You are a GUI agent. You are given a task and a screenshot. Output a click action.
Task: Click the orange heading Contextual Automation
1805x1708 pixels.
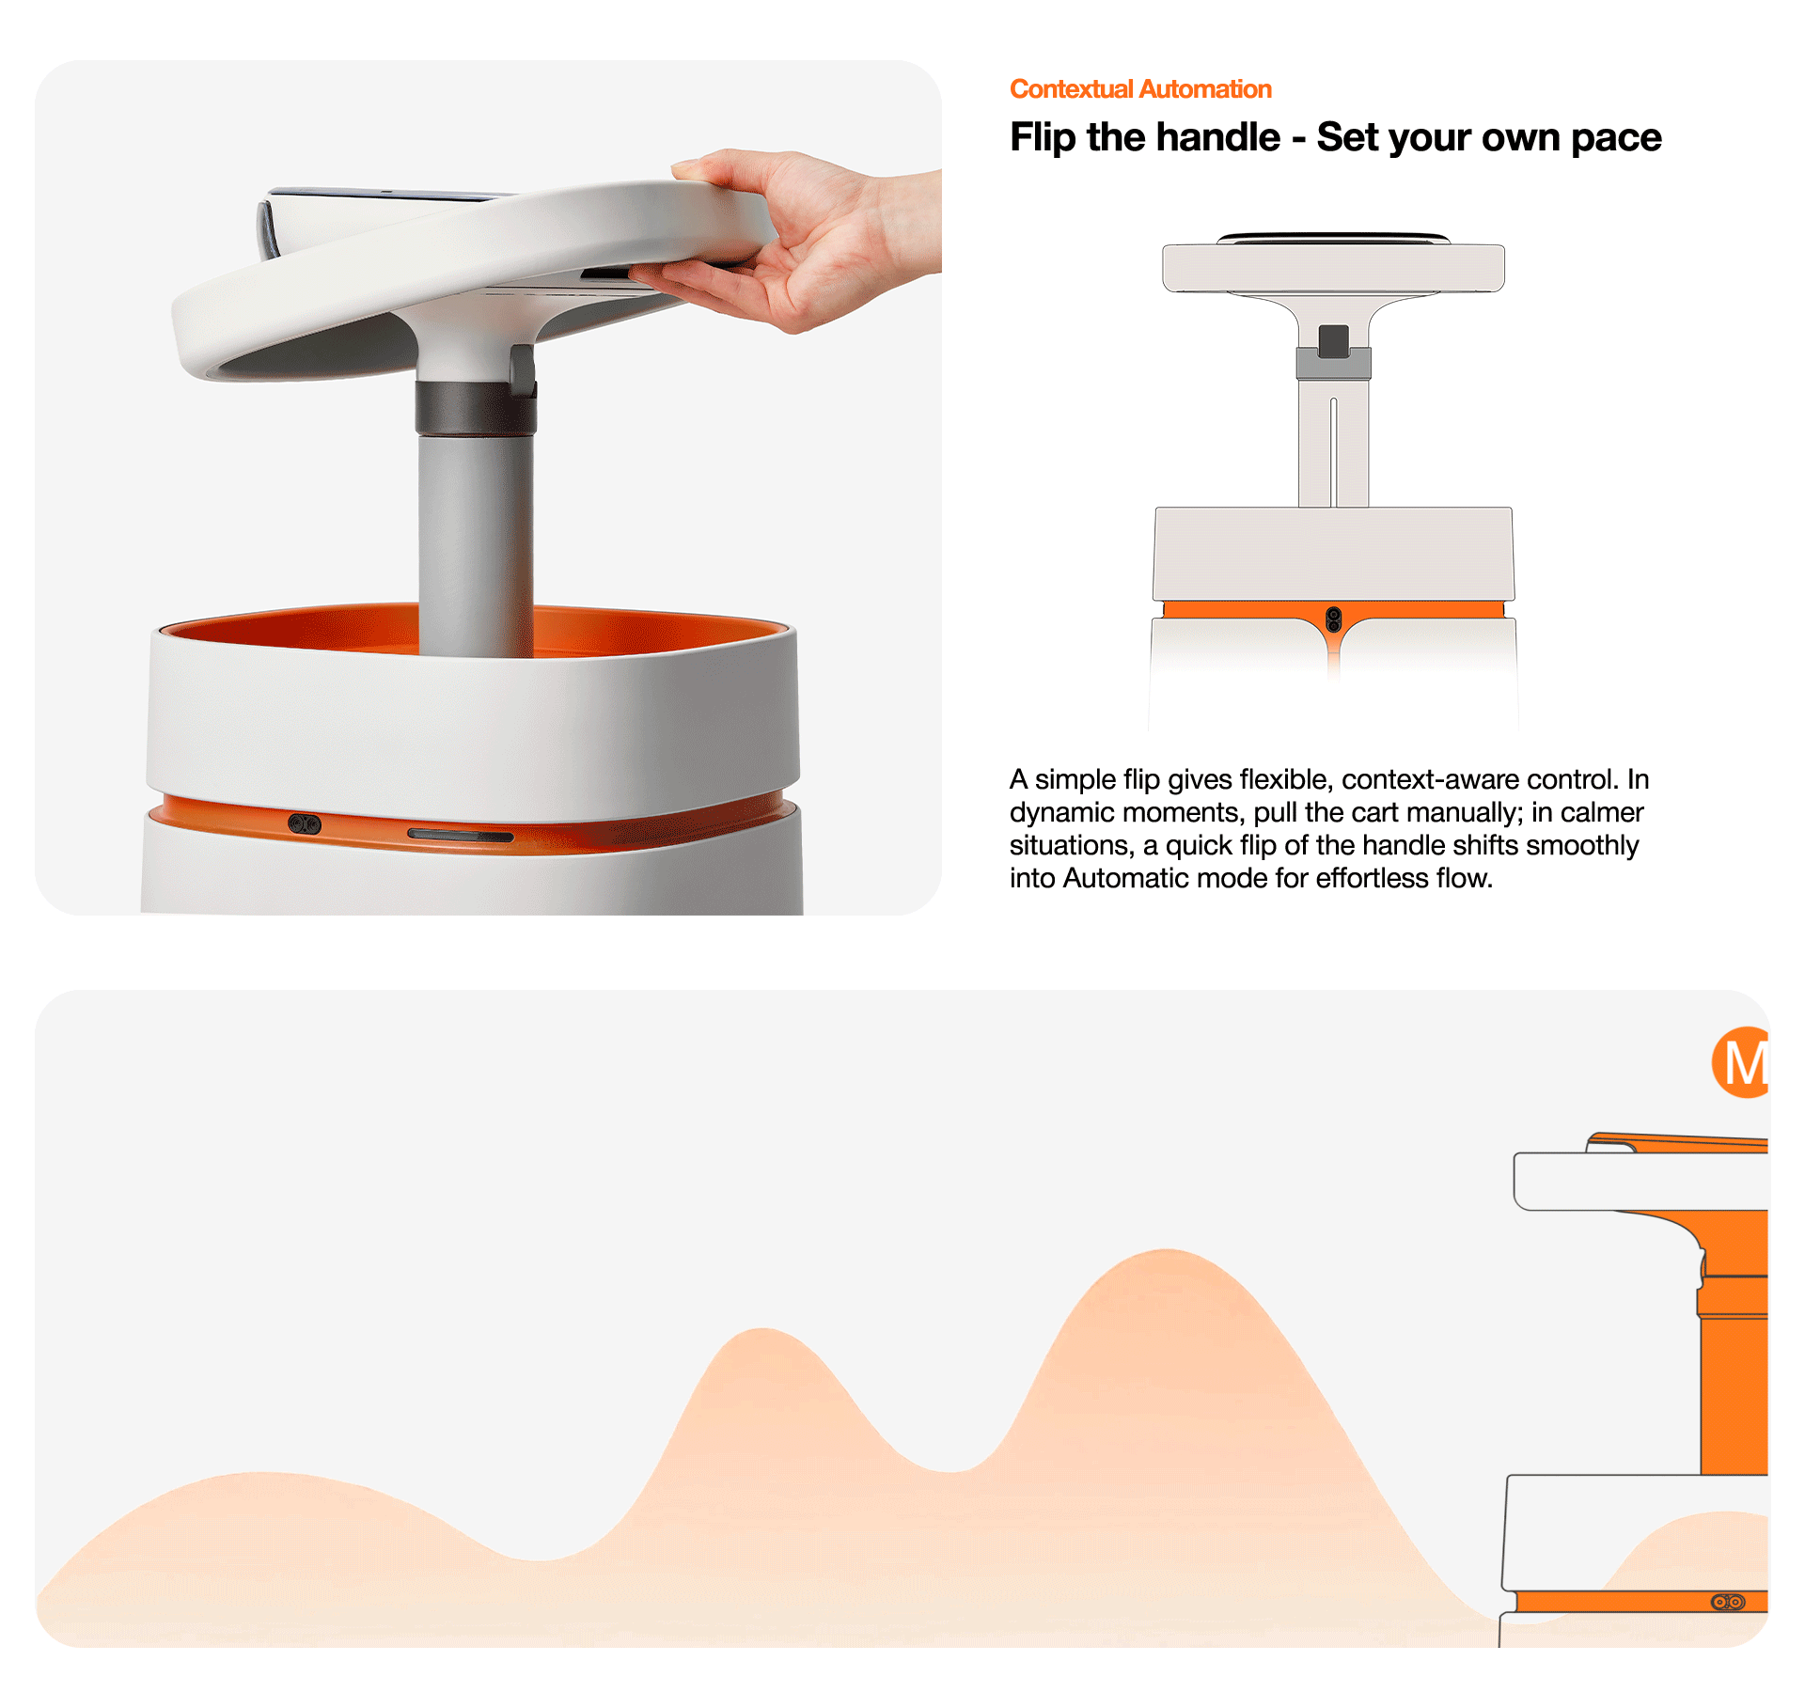point(1140,89)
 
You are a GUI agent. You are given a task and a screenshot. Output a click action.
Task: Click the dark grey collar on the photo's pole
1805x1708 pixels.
point(476,408)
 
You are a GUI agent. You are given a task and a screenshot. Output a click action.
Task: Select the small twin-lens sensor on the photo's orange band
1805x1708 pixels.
point(305,824)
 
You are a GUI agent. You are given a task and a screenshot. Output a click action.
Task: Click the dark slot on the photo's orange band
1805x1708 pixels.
point(461,835)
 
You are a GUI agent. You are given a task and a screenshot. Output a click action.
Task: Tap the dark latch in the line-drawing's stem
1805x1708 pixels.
point(1333,341)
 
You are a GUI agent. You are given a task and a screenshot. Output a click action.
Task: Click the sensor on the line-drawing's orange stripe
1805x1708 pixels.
point(1333,619)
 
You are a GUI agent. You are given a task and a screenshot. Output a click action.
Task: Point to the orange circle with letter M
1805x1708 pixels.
point(1740,1062)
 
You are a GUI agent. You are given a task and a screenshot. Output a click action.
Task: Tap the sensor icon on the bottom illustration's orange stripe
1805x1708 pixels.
point(1728,1602)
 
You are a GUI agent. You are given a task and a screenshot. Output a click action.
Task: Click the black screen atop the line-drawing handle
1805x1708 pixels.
point(1333,238)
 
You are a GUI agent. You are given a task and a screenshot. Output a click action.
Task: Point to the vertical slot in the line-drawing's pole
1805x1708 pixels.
point(1333,452)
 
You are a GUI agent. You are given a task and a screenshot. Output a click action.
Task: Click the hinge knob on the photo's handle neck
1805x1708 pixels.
point(523,368)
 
